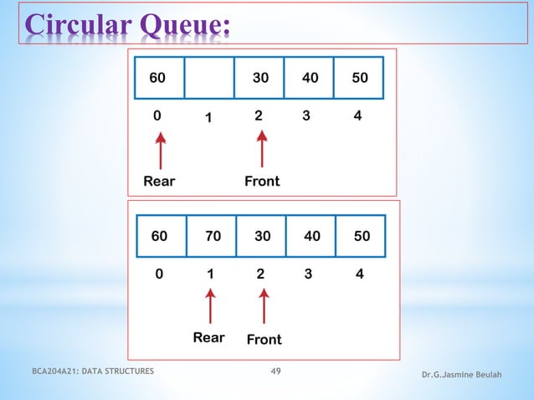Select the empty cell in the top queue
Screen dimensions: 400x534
[208, 79]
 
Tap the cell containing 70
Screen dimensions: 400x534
[212, 237]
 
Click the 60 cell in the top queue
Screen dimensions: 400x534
[157, 79]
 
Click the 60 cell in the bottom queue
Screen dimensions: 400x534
[159, 237]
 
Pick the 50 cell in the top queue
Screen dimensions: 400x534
[358, 79]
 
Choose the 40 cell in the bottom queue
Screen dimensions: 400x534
[311, 237]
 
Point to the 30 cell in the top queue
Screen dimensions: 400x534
[259, 79]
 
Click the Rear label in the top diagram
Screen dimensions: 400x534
[159, 181]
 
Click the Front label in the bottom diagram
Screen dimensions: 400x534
[264, 339]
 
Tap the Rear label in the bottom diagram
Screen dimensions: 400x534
[208, 337]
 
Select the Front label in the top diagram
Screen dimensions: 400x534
[262, 181]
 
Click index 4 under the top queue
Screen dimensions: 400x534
[357, 116]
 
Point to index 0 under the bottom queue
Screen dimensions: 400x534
[159, 274]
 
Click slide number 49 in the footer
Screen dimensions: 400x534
[275, 371]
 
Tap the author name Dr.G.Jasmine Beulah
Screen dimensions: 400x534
[463, 374]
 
